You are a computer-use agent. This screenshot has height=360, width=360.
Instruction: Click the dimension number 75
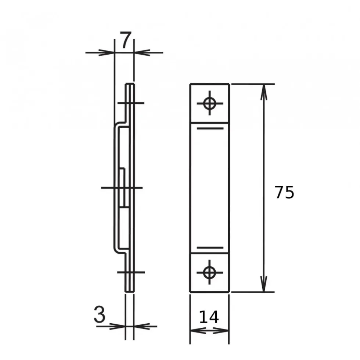(284, 192)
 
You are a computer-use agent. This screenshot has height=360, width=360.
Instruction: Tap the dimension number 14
(209, 317)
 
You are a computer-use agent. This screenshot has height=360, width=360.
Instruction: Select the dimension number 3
(100, 314)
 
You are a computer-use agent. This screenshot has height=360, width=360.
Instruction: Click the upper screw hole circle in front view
(209, 103)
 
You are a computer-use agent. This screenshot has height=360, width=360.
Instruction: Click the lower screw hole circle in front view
(209, 273)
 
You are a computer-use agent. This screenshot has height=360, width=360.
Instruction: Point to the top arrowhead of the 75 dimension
(264, 92)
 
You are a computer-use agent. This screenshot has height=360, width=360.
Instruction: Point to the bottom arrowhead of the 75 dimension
(264, 284)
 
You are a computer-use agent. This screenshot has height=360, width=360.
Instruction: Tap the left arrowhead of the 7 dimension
(106, 52)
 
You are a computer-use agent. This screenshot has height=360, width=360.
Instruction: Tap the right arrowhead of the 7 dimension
(142, 52)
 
